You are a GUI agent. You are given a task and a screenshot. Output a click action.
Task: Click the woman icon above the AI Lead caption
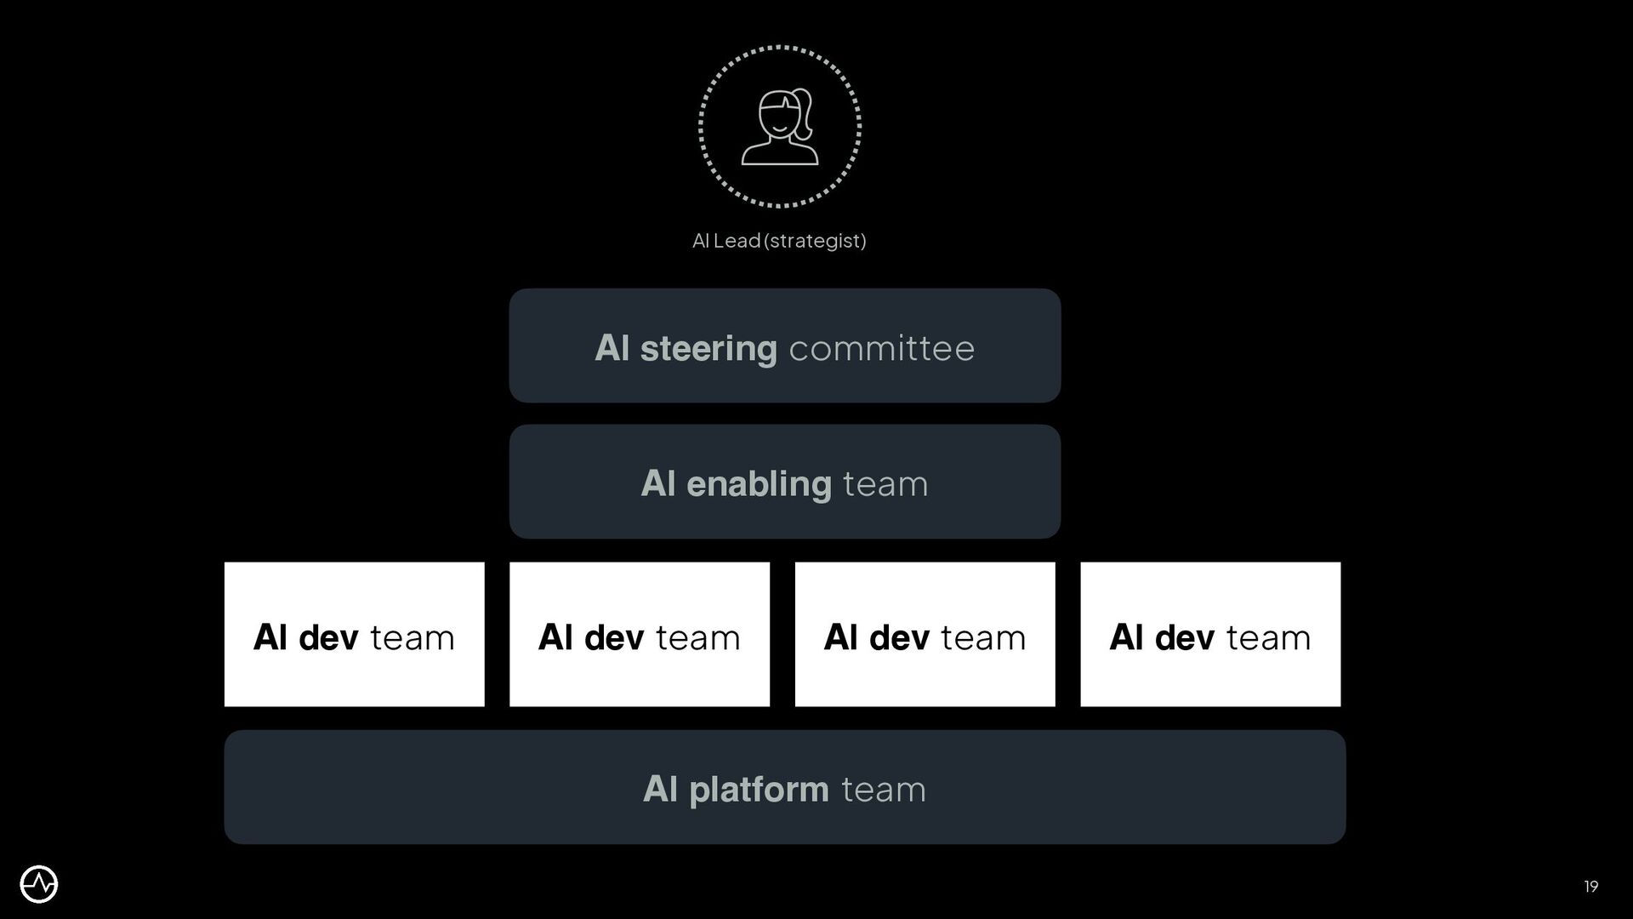[x=779, y=127]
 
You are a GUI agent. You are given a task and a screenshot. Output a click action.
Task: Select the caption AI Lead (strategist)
[x=779, y=241]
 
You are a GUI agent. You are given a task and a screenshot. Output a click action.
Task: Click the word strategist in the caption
[x=815, y=241]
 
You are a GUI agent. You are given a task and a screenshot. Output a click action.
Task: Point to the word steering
[x=708, y=349]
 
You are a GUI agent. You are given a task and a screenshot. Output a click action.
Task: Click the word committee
[x=881, y=349]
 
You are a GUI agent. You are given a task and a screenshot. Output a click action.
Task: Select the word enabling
[x=758, y=484]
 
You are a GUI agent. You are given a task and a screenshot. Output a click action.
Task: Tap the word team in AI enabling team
[x=885, y=484]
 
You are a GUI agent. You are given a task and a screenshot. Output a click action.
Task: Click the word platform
[x=758, y=790]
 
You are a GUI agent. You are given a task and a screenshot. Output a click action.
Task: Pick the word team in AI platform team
[x=883, y=790]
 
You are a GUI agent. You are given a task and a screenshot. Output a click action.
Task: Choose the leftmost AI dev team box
[x=354, y=634]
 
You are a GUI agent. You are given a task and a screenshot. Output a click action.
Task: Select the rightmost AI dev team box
[x=1209, y=634]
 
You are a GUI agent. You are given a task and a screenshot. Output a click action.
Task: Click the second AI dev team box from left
[x=639, y=634]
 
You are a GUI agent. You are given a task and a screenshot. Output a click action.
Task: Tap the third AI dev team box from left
[x=925, y=634]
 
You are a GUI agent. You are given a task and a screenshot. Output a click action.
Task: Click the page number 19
[x=1590, y=887]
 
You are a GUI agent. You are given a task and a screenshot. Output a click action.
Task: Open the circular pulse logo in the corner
[x=39, y=885]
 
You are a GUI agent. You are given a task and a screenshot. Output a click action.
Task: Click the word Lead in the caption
[x=737, y=241]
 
